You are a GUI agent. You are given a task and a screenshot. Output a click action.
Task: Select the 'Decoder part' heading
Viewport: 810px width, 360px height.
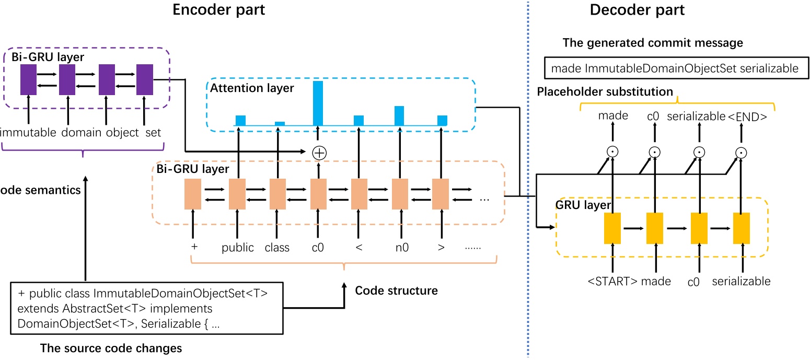pos(637,9)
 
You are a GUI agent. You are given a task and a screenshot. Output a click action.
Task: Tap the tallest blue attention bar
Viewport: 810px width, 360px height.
pos(318,103)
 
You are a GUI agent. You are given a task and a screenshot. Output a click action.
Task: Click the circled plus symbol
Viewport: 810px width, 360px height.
pos(318,152)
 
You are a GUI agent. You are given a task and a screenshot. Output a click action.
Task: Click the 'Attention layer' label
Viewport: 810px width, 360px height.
pos(252,88)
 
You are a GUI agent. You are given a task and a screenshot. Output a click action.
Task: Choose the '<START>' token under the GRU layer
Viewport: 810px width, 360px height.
pos(612,282)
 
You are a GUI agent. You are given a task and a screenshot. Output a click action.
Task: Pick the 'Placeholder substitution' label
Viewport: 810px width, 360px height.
pos(605,92)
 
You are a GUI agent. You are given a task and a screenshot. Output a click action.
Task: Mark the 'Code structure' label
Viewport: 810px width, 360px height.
pos(396,290)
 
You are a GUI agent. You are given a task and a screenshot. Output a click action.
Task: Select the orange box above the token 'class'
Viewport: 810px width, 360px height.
pos(277,194)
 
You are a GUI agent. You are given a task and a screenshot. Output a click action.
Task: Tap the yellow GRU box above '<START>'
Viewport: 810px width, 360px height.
pos(612,228)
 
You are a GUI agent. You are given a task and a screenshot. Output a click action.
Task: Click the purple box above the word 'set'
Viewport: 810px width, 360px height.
pos(144,79)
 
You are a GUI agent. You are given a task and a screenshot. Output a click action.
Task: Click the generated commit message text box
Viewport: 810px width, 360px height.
pos(675,68)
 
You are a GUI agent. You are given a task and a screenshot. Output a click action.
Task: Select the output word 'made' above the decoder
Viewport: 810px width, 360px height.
pos(613,116)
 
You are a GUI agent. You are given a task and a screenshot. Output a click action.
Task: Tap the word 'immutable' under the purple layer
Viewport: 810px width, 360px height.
pos(28,133)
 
